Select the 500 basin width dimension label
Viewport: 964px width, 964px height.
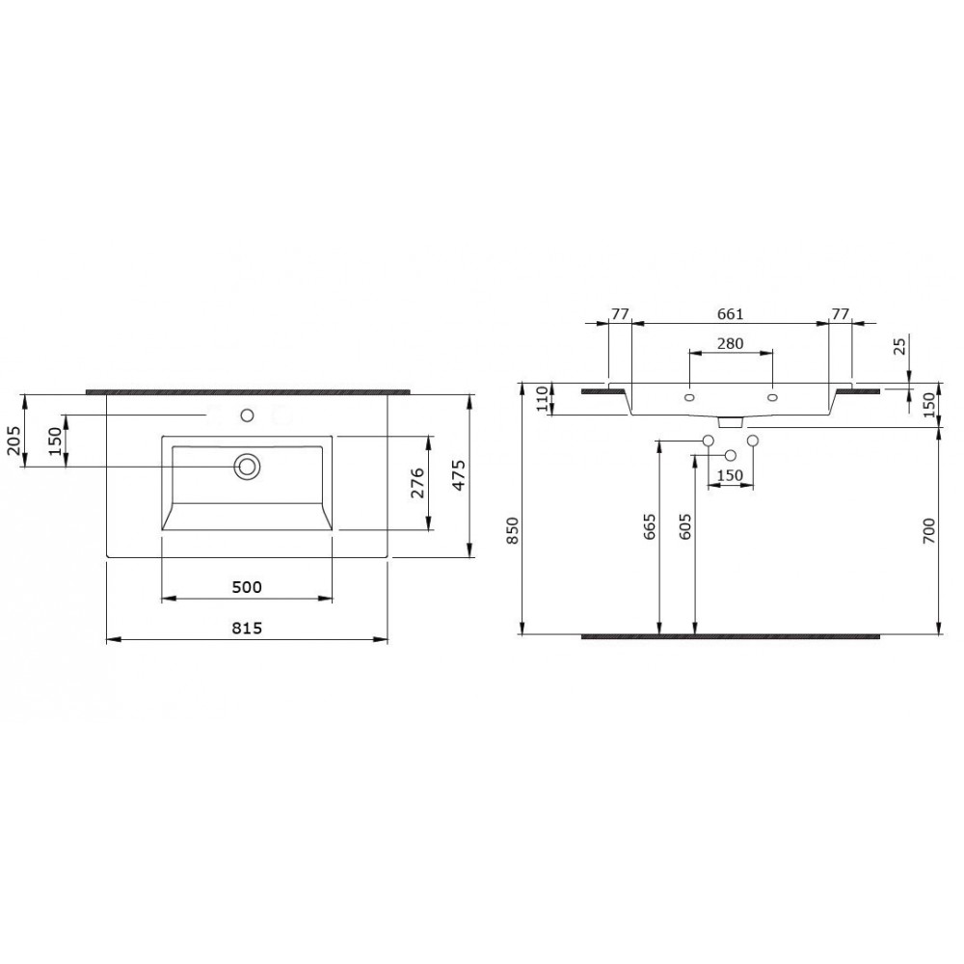pyautogui.click(x=247, y=586)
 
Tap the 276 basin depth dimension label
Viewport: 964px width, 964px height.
pyautogui.click(x=417, y=483)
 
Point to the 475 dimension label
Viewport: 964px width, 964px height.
pyautogui.click(x=459, y=475)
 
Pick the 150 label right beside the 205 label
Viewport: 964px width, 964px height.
pyautogui.click(x=55, y=441)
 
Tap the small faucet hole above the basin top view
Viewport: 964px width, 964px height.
pyautogui.click(x=247, y=416)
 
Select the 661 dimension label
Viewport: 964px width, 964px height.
pyautogui.click(x=730, y=314)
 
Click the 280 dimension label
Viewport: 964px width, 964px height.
pyautogui.click(x=730, y=342)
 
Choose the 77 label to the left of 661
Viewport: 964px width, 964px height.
pyautogui.click(x=620, y=314)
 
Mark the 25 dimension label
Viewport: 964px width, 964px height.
pyautogui.click(x=900, y=347)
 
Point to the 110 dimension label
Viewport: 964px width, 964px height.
pyautogui.click(x=542, y=398)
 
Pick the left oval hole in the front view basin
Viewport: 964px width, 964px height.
pyautogui.click(x=689, y=397)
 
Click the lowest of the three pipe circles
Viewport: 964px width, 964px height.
pyautogui.click(x=730, y=455)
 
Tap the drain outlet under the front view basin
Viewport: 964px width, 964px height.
pyautogui.click(x=730, y=421)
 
